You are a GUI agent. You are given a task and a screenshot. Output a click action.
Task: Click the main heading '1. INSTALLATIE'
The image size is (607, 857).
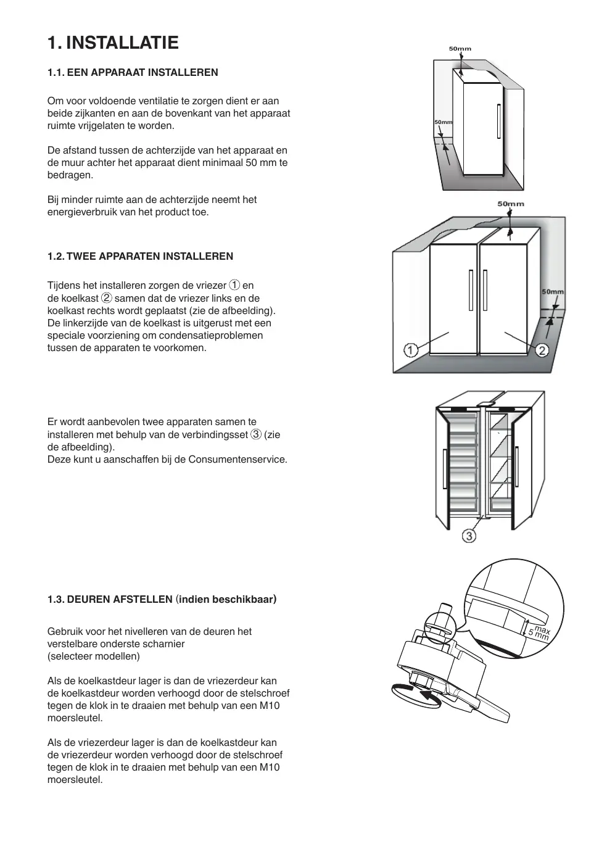point(113,43)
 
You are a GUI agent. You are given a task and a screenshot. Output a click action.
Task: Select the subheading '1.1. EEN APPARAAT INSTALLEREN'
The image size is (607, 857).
point(133,72)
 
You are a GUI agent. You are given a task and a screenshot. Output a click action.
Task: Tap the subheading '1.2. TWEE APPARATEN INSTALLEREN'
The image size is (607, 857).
point(140,256)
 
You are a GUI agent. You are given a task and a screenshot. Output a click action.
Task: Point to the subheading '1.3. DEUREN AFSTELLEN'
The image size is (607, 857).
point(110,599)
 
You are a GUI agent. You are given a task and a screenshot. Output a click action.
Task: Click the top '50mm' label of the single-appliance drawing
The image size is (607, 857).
point(460,48)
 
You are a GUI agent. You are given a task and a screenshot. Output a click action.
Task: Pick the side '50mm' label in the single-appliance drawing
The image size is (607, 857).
point(443,122)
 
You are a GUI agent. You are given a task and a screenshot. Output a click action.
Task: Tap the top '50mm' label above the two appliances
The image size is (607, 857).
point(510,204)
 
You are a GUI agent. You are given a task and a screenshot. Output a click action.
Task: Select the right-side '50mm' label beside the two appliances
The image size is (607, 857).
point(553,292)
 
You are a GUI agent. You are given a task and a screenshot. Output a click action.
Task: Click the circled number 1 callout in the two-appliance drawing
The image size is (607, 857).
point(410,350)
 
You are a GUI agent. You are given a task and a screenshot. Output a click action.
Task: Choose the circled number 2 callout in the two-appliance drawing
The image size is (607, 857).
point(542,350)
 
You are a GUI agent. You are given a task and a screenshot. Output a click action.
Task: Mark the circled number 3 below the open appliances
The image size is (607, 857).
point(469,536)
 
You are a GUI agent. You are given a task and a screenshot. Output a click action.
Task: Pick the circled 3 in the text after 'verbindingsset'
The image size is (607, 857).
point(255,434)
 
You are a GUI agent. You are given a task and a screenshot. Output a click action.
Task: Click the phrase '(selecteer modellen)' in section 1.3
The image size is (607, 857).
point(94,656)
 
